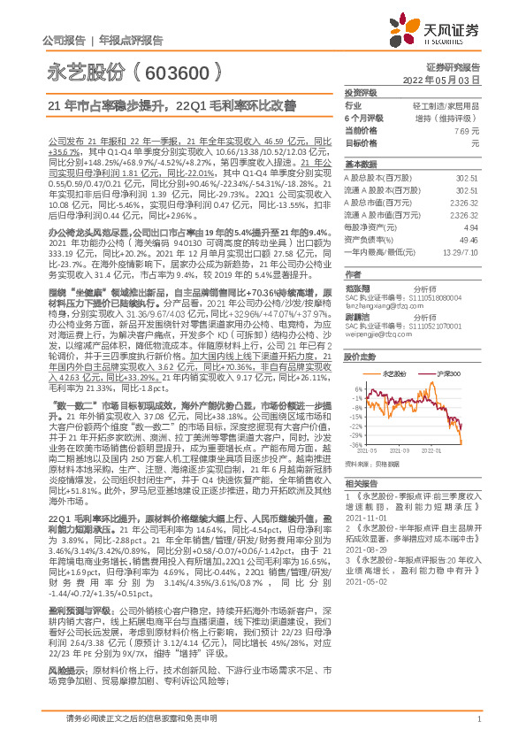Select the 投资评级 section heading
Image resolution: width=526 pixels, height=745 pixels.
361,92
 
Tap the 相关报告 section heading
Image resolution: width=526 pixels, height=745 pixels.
361,484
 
